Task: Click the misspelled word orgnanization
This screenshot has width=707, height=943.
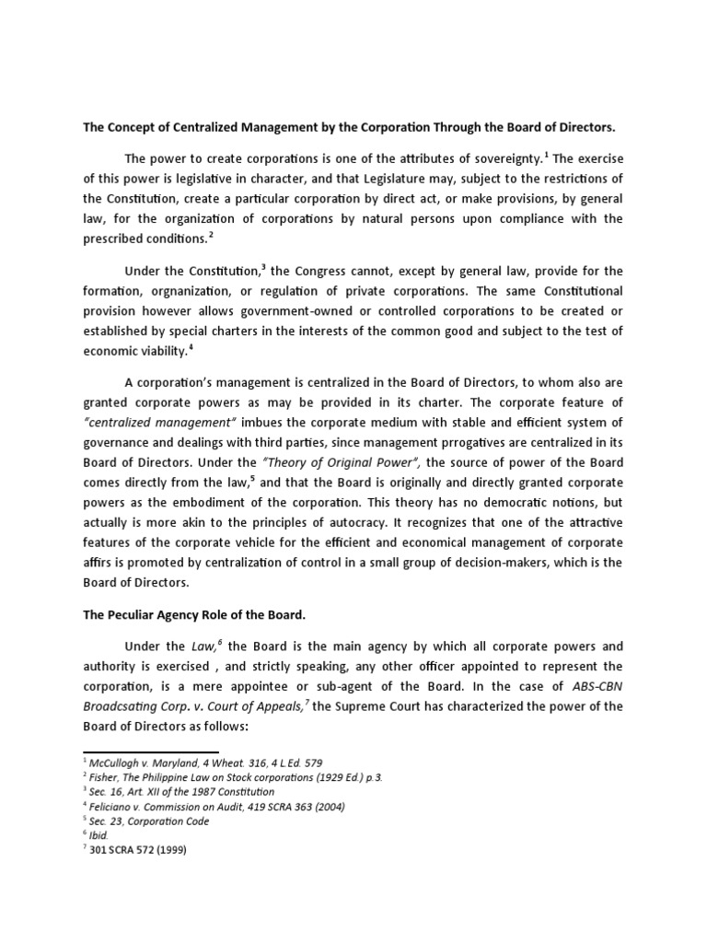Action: point(189,293)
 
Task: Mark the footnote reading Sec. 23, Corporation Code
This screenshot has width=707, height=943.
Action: point(149,821)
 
